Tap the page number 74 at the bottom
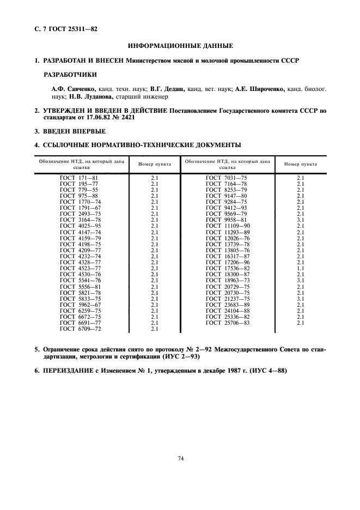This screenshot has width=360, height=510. [180, 458]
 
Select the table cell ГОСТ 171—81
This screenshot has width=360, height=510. [79, 178]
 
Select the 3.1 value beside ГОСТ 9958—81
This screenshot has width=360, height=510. [300, 219]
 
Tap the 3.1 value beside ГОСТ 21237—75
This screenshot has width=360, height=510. [300, 299]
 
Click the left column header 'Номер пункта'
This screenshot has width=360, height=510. [155, 164]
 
